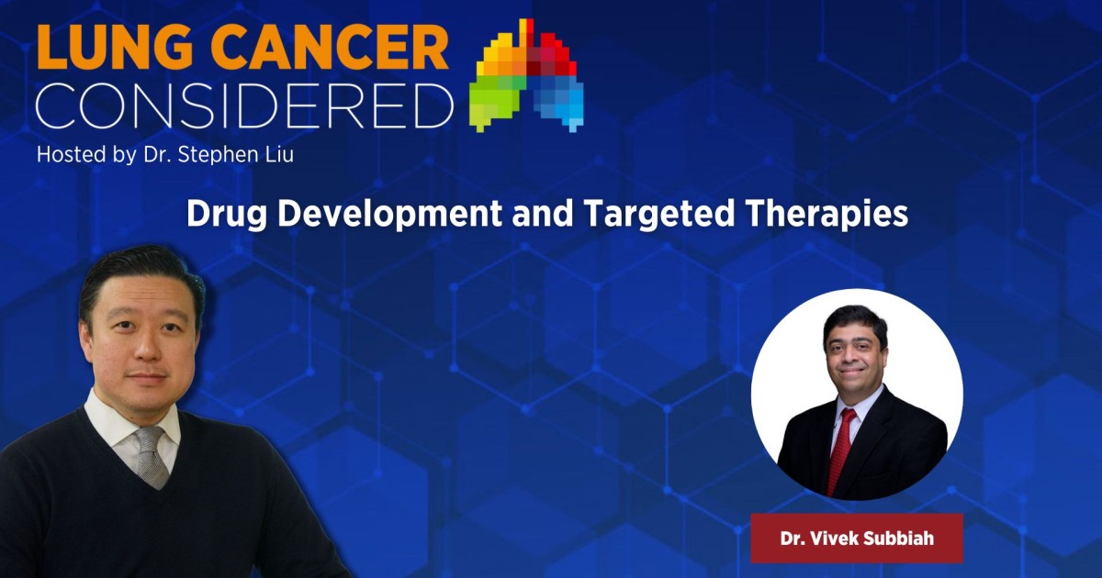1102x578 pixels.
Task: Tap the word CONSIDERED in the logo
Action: point(244,107)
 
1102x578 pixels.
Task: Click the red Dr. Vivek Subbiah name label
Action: point(856,539)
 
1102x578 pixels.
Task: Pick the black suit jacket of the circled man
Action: point(900,450)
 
